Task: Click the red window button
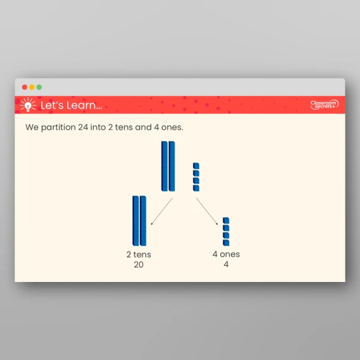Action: (x=25, y=87)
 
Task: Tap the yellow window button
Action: (x=32, y=87)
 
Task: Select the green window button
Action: (x=39, y=87)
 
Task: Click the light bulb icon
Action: (x=27, y=105)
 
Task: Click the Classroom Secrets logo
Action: (x=324, y=105)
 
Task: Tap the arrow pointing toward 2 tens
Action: (x=161, y=211)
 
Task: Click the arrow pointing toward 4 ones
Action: (x=207, y=211)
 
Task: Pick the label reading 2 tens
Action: (x=139, y=254)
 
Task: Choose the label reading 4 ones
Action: (x=226, y=254)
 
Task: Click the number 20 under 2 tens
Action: (x=139, y=265)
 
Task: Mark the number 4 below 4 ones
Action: (x=226, y=265)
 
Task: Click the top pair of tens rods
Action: (x=168, y=166)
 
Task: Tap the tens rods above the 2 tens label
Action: (x=139, y=221)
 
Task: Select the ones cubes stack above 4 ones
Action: (x=226, y=232)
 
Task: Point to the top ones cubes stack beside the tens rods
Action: (x=196, y=177)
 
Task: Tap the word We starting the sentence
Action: (x=32, y=128)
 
